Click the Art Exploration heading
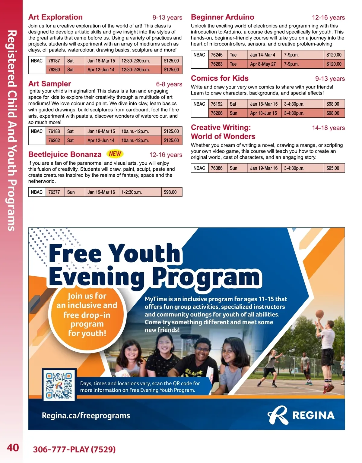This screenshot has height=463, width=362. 56,17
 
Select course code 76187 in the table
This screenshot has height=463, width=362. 54,61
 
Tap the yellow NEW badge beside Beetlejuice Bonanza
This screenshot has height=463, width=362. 115,154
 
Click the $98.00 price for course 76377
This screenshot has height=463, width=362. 170,192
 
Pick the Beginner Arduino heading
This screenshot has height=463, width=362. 222,17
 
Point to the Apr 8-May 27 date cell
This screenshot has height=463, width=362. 263,64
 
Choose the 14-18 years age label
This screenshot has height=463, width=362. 328,128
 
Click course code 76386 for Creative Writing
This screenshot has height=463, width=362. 217,168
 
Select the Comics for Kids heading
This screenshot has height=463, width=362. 220,78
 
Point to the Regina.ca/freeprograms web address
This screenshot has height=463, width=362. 86,416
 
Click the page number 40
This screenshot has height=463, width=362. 13,448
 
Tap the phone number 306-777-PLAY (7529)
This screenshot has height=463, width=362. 74,449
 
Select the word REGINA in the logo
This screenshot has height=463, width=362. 313,416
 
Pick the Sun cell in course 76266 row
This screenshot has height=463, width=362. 233,113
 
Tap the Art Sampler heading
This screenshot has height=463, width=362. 50,84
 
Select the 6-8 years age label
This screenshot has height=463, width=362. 169,84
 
